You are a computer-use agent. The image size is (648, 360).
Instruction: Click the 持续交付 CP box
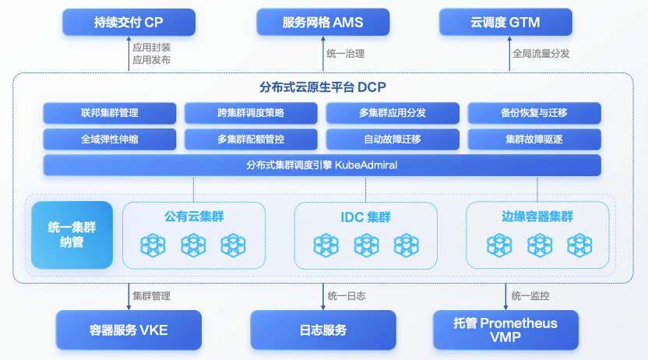point(129,23)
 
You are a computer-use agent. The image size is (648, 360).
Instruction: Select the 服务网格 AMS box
point(322,23)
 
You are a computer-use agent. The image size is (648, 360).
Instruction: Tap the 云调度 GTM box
point(505,23)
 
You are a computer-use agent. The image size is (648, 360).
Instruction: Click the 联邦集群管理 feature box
point(110,113)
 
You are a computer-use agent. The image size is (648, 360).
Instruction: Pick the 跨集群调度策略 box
point(251,113)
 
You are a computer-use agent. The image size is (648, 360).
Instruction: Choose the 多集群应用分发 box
point(393,113)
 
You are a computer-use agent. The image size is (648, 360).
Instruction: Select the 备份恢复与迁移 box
point(534,113)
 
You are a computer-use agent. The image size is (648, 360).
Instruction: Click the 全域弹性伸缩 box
point(110,139)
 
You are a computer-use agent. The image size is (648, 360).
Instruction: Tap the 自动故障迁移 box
point(393,139)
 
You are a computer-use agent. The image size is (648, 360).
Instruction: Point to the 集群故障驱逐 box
point(534,139)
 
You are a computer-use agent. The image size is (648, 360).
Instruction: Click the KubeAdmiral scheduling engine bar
point(322,165)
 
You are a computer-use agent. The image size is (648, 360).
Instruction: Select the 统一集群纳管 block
point(72,235)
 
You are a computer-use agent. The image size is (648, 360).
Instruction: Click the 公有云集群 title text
point(194,216)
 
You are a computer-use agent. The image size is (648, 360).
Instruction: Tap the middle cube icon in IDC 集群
point(366,245)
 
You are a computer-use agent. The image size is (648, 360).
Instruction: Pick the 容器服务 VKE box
point(129,330)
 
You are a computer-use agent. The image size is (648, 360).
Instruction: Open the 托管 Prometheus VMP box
point(505,330)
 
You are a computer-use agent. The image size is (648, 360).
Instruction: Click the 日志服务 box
point(322,330)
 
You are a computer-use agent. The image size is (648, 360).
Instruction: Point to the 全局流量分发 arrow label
point(541,54)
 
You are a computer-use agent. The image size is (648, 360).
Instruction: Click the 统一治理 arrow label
point(346,54)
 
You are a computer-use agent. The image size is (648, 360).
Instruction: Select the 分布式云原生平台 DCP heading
point(322,87)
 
